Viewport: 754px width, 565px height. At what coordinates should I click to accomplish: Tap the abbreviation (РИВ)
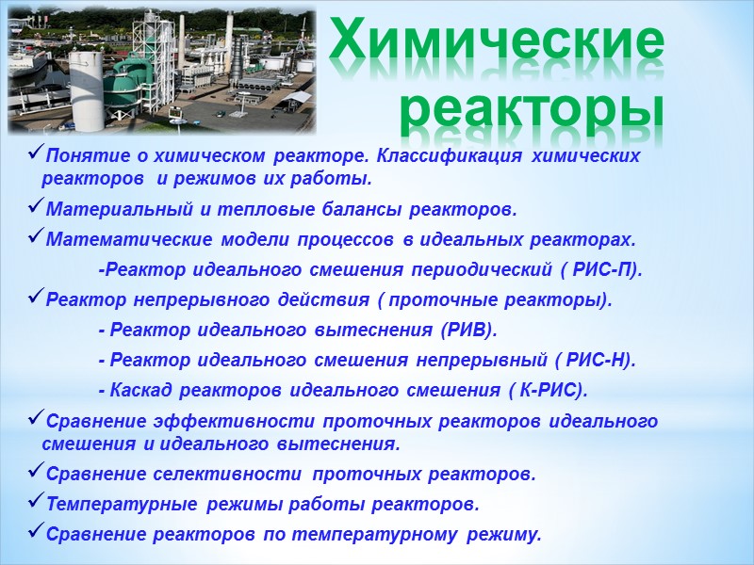470,331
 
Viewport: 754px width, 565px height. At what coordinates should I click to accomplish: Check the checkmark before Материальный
37,207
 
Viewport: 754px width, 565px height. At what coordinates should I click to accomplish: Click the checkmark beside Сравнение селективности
37,472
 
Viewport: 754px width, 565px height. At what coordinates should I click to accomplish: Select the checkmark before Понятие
37,153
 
